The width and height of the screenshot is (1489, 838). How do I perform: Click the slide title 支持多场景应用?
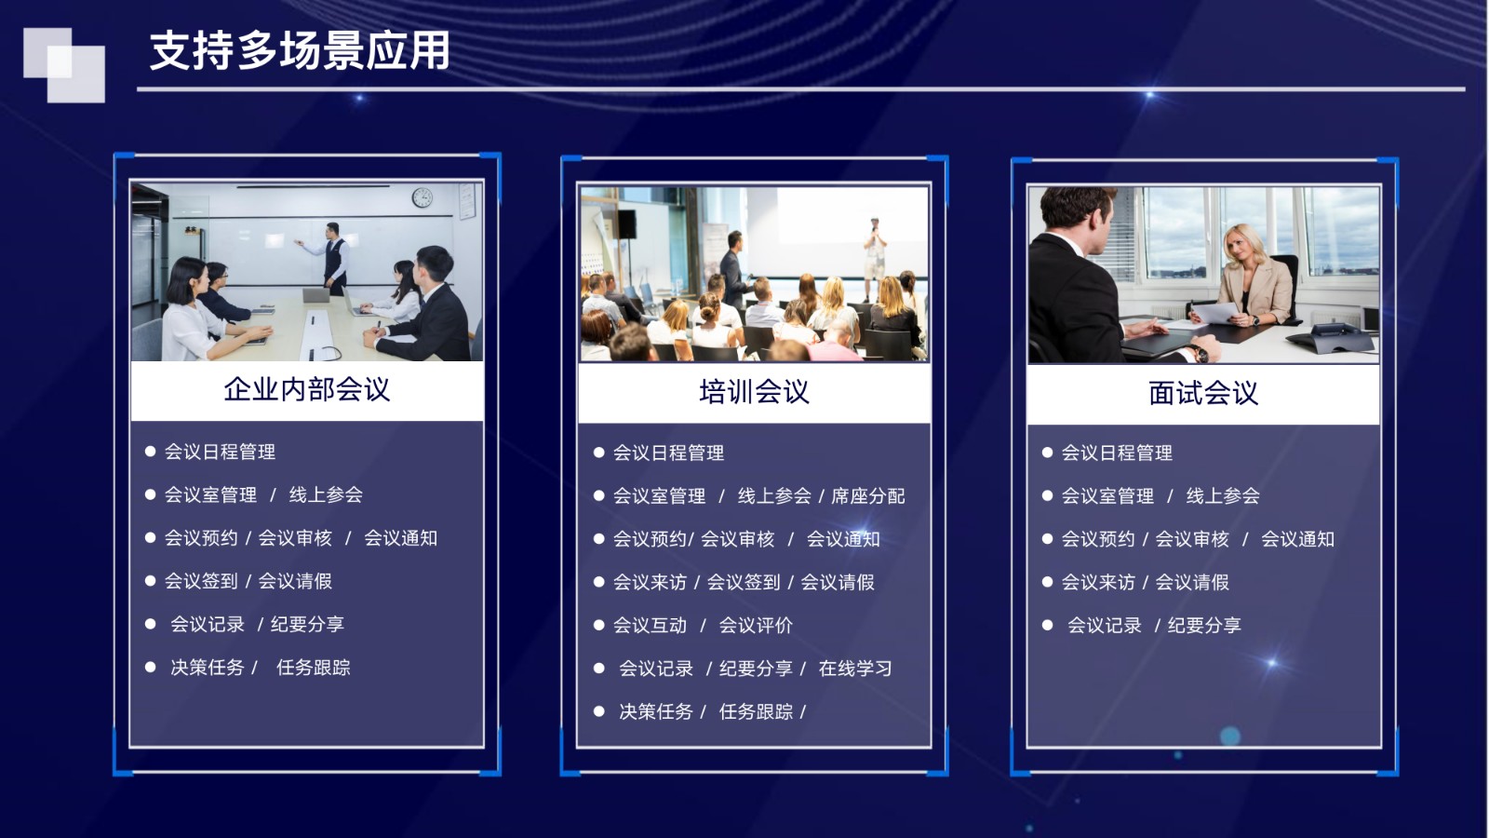[300, 50]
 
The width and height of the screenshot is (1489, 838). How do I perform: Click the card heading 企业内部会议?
[306, 389]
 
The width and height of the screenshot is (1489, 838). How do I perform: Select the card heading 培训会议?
[754, 392]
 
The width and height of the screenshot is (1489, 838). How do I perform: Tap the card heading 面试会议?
[1203, 393]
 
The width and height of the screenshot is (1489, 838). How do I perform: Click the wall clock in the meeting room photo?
[423, 197]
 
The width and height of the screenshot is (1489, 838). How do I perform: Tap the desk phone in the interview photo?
[1331, 337]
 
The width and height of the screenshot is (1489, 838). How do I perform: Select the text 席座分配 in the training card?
[867, 496]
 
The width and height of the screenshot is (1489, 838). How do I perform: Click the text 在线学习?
[855, 669]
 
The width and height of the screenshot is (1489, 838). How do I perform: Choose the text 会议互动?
[650, 625]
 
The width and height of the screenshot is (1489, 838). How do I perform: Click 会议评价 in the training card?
[756, 625]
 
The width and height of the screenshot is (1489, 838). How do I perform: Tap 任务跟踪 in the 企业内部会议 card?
[313, 667]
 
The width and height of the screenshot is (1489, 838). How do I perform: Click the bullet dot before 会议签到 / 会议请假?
[150, 581]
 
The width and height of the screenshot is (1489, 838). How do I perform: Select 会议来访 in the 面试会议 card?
[1098, 582]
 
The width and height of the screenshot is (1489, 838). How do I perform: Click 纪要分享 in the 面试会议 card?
[1204, 625]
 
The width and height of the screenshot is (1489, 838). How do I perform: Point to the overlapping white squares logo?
[64, 65]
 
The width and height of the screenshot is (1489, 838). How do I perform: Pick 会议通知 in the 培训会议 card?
[843, 539]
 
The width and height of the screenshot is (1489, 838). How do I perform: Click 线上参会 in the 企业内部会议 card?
[326, 494]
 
